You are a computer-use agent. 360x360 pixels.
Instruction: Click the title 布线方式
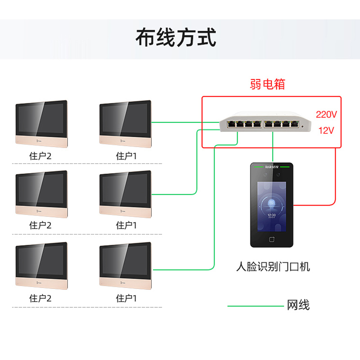(x=176, y=37)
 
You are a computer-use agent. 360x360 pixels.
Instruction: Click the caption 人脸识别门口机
(x=273, y=267)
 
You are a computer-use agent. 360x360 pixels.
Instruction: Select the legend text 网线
(x=298, y=306)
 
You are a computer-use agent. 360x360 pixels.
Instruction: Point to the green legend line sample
(x=254, y=306)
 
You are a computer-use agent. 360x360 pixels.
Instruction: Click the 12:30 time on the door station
(x=271, y=216)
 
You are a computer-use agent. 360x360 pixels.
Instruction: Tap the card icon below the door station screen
(x=271, y=239)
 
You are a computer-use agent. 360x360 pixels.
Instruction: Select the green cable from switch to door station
(x=272, y=148)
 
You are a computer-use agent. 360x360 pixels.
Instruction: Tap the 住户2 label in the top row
(x=40, y=156)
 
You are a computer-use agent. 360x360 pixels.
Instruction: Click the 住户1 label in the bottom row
(x=126, y=298)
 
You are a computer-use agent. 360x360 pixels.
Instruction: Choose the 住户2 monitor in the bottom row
(x=41, y=266)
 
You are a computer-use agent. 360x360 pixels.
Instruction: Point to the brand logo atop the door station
(x=271, y=166)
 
